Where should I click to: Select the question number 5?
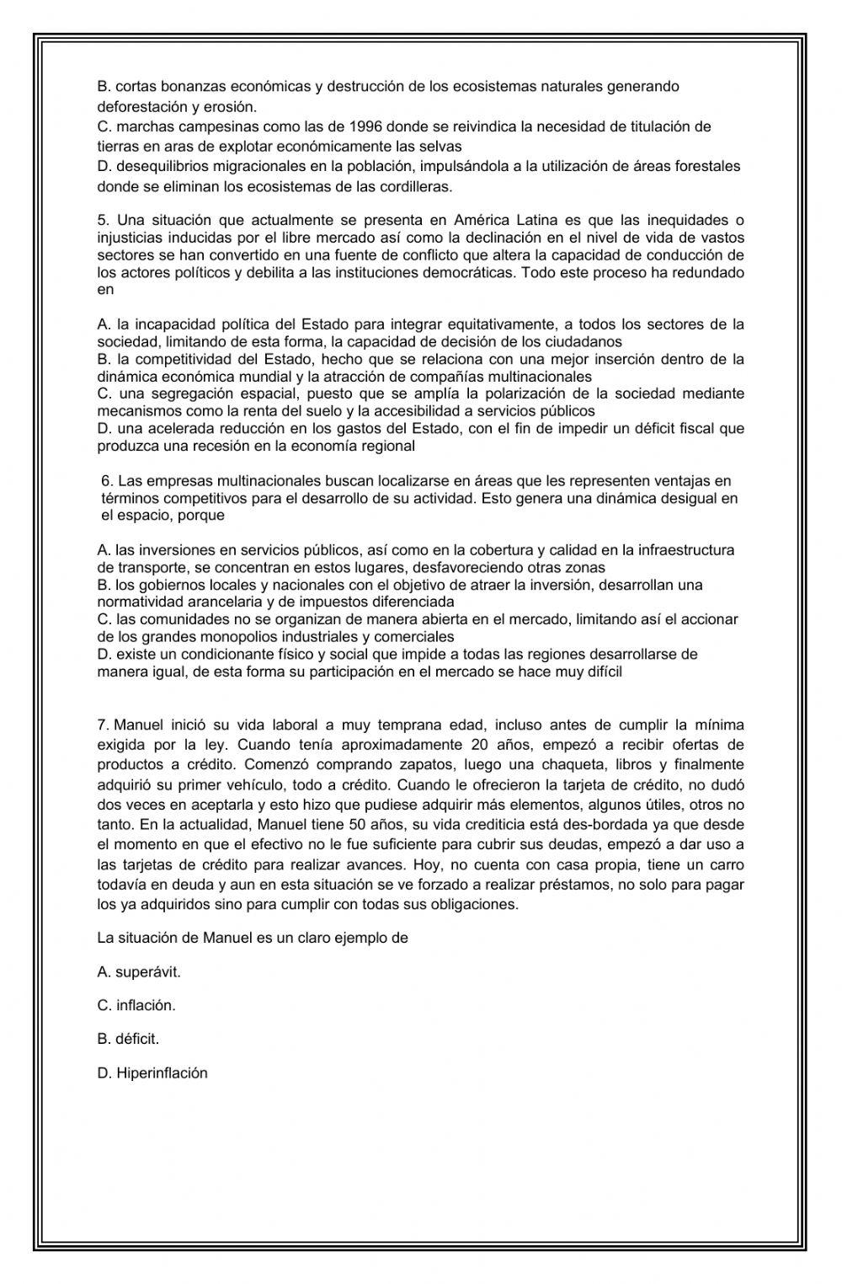[103, 221]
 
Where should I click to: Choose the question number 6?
[106, 481]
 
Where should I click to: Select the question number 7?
[104, 725]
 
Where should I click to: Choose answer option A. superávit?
[139, 971]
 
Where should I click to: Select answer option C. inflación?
[136, 1005]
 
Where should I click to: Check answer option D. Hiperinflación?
[152, 1073]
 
